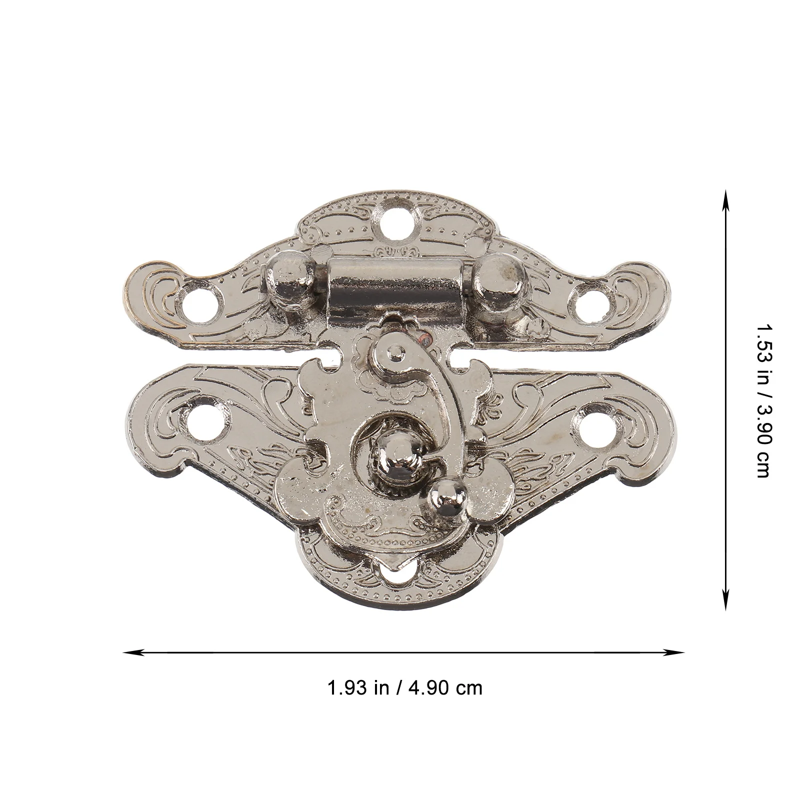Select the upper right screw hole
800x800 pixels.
click(x=593, y=302)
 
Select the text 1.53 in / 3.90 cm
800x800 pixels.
click(x=762, y=399)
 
